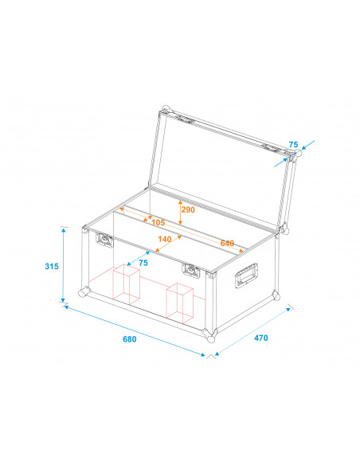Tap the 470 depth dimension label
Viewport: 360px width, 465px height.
click(x=260, y=338)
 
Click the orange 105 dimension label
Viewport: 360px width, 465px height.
click(x=158, y=222)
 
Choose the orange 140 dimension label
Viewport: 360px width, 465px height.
click(x=165, y=239)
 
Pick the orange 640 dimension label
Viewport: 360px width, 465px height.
click(x=227, y=243)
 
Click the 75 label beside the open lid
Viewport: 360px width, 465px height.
click(x=294, y=145)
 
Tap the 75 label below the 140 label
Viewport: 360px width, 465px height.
click(x=143, y=263)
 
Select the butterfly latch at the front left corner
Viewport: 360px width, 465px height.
click(x=103, y=238)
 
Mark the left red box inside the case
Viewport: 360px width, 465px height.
click(x=126, y=285)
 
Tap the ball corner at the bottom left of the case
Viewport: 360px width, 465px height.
click(x=83, y=291)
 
